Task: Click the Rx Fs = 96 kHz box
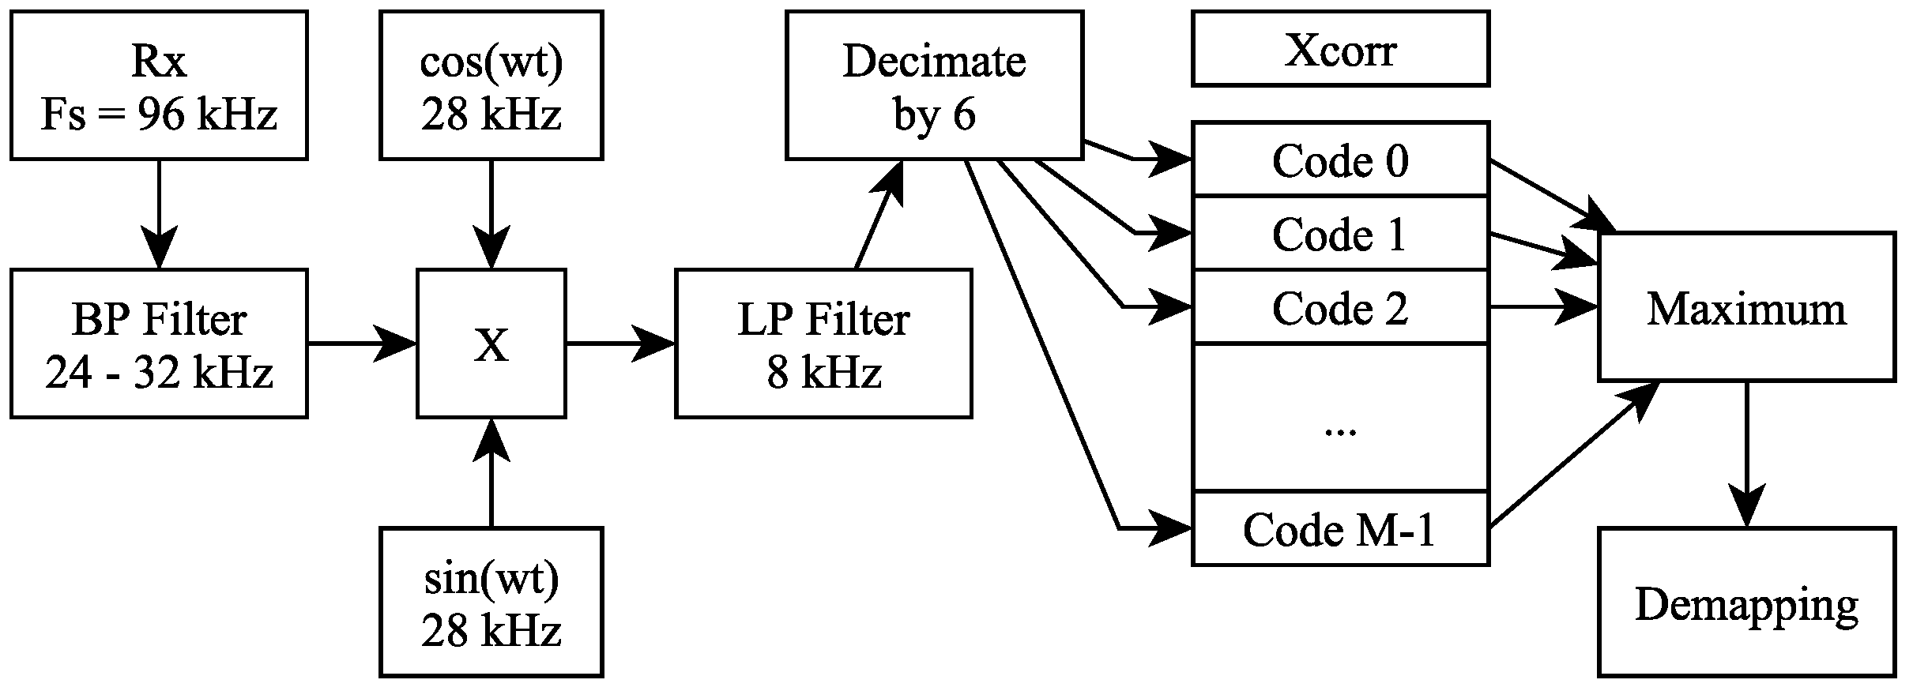pos(158,85)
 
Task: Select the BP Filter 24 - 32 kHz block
pos(158,344)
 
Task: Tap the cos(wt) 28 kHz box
pos(491,85)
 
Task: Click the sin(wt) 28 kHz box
pos(491,602)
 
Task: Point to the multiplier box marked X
pos(491,344)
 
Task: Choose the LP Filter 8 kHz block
pos(823,344)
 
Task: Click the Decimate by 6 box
pos(934,85)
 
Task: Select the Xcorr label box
pos(1340,48)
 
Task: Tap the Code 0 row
pos(1340,160)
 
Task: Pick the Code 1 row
pos(1340,234)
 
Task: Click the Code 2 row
pos(1340,307)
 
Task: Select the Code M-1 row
pos(1340,528)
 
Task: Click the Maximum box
pos(1746,307)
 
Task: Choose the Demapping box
pos(1746,602)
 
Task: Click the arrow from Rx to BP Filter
pos(158,213)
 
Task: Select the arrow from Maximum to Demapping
pos(1746,454)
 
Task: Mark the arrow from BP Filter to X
pos(361,344)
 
